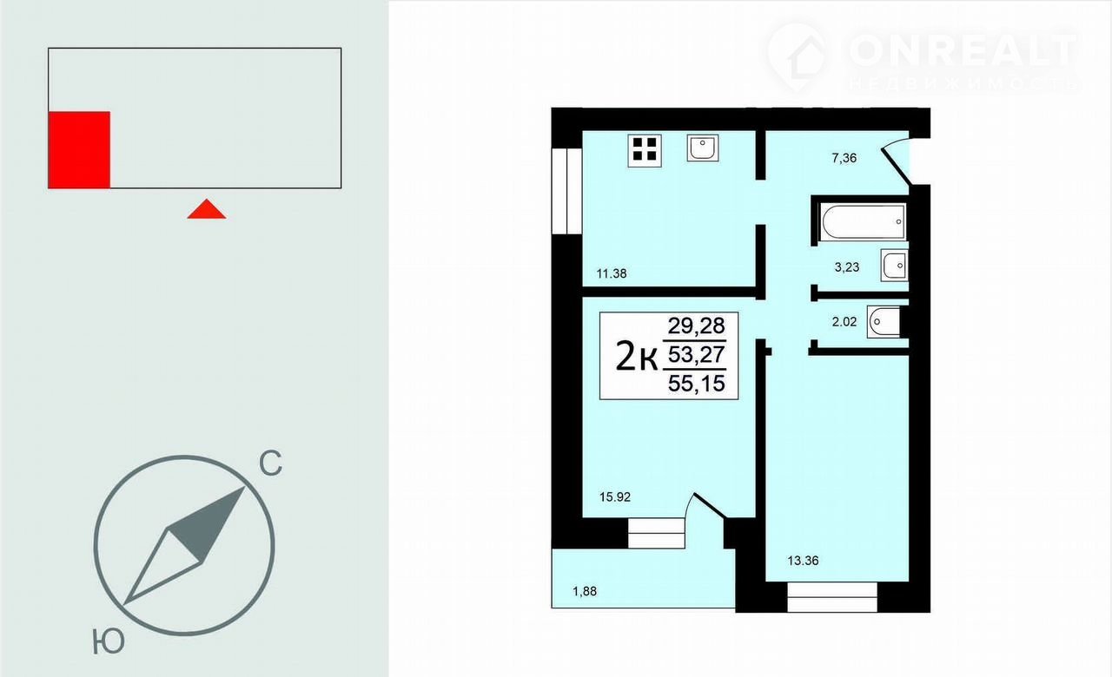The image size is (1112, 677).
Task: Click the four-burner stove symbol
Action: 645,150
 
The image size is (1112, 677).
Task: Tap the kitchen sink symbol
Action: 703,148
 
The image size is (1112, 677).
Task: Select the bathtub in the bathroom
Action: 863,221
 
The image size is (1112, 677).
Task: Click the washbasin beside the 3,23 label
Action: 895,266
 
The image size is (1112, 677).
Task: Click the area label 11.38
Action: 611,273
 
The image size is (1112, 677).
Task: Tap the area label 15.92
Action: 614,496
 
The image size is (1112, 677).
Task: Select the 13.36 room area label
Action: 803,561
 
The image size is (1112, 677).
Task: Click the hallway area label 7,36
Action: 844,158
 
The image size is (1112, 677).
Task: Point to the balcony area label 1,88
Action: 585,591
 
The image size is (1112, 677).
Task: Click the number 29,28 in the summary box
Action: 696,325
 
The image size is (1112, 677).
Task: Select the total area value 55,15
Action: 697,384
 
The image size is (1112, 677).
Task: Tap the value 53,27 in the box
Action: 697,355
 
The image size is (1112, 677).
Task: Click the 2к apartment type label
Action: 637,356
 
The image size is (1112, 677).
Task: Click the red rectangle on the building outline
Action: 79,150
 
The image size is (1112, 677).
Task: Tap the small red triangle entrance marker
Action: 207,209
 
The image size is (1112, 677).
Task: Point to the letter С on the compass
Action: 270,463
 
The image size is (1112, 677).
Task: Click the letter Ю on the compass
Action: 109,641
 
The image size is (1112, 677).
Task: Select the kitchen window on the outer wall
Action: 566,191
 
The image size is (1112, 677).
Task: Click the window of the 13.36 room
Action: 832,597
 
